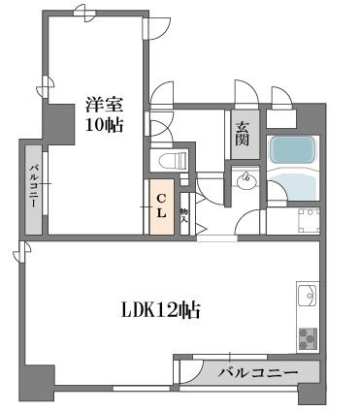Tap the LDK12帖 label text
pyautogui.click(x=160, y=310)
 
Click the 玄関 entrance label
pyautogui.click(x=242, y=133)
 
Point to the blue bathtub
pyautogui.click(x=293, y=152)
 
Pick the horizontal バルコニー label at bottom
pyautogui.click(x=256, y=371)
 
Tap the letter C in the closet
pyautogui.click(x=161, y=200)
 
